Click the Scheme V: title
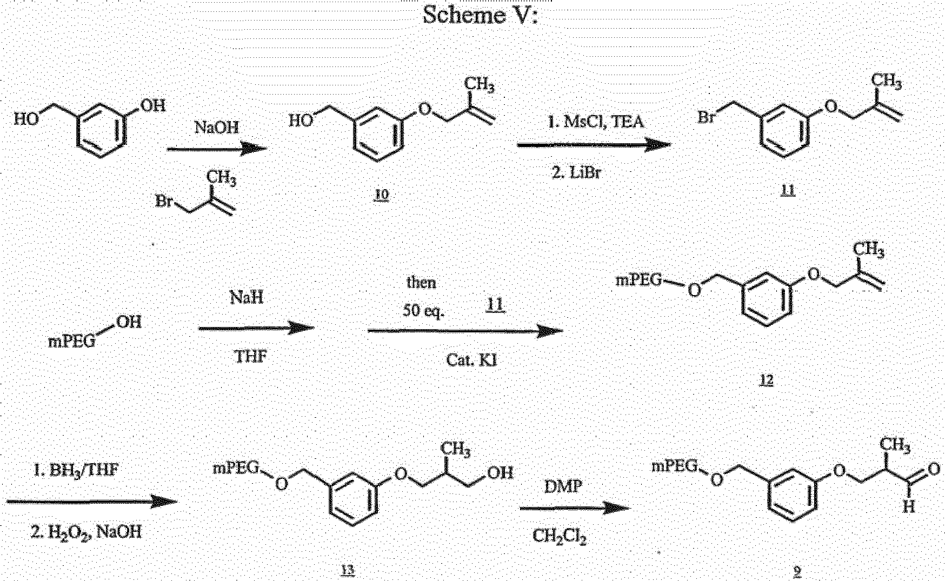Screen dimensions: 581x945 coord(480,15)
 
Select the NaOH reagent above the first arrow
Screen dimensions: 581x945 coord(216,128)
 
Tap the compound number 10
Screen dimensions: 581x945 coord(382,195)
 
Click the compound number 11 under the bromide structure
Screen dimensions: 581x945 coord(788,190)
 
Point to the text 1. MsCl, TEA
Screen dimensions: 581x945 coord(596,122)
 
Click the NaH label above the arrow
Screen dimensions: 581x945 coord(247,297)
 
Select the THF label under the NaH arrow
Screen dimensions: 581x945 coord(250,357)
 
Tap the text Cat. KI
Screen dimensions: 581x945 coord(471,360)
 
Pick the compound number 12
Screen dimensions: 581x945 coord(767,380)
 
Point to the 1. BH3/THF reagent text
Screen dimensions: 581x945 coord(76,470)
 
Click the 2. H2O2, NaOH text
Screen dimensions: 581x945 coord(86,532)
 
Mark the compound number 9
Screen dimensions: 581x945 coord(797,572)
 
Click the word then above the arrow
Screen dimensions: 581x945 coord(421,282)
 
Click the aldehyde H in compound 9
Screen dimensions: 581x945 coord(909,507)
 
